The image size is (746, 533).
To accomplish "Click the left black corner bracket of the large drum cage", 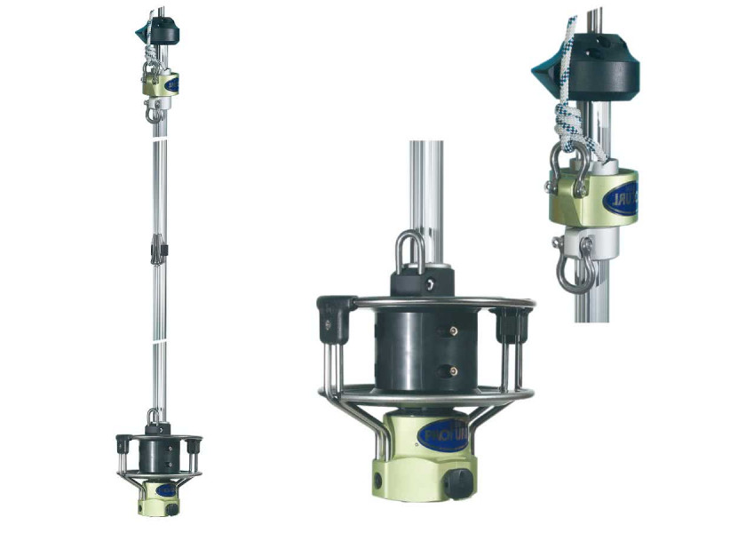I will [x=334, y=317].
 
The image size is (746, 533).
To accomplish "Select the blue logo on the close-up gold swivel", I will [x=619, y=199].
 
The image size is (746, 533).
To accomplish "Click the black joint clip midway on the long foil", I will [x=158, y=250].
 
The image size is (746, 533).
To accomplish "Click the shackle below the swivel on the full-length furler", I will [x=154, y=113].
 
